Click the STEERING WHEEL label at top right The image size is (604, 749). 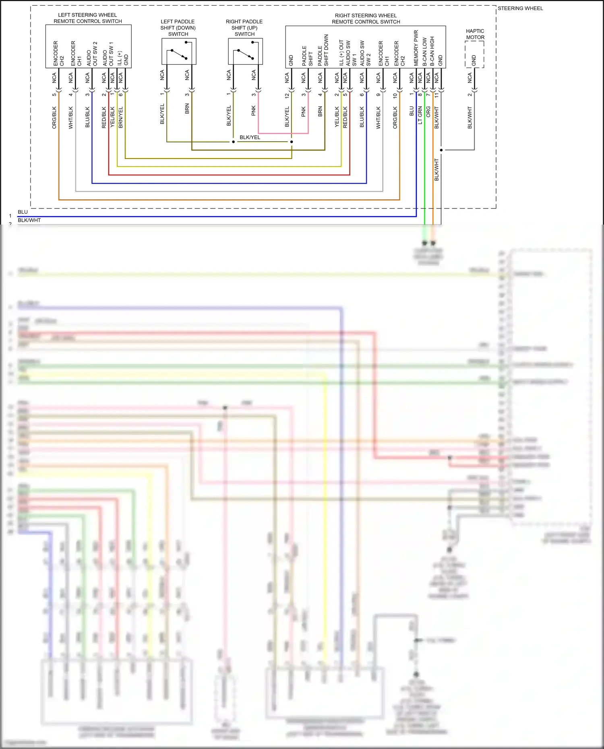(x=520, y=8)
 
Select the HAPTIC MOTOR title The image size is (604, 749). (x=475, y=34)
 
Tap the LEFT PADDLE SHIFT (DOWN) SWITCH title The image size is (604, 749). (x=178, y=28)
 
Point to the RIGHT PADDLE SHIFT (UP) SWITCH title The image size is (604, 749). (x=244, y=28)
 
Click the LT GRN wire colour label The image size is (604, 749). (x=420, y=115)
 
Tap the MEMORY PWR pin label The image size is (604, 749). (x=416, y=48)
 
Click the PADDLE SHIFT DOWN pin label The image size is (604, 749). (x=323, y=50)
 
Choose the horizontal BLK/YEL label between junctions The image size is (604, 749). (x=250, y=137)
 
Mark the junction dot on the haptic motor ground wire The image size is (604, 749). (x=441, y=150)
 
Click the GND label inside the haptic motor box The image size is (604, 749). (x=474, y=60)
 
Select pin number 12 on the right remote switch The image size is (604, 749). (x=287, y=96)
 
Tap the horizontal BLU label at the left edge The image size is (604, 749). (x=23, y=212)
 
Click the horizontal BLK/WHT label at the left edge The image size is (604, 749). (x=29, y=220)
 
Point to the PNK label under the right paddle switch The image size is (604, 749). (x=254, y=111)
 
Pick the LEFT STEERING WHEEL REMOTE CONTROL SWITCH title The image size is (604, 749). (x=88, y=18)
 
